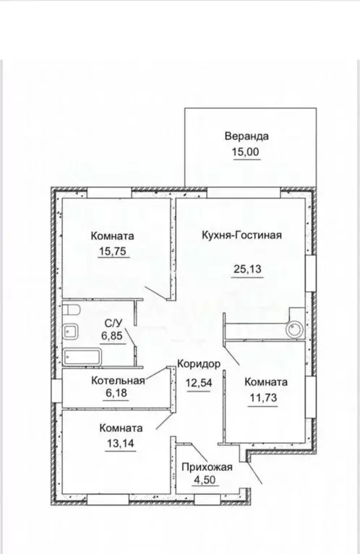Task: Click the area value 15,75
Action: coord(113,252)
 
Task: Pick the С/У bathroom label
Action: coord(113,323)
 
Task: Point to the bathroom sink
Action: coord(71,332)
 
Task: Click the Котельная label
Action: coord(118,381)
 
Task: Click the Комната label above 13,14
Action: coord(121,428)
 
